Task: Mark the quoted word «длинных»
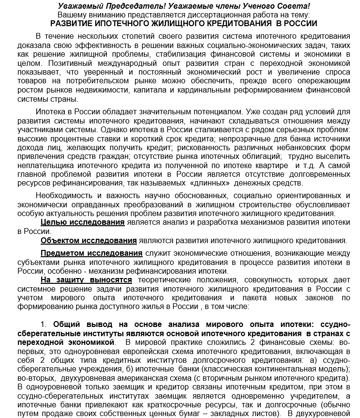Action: pos(210,183)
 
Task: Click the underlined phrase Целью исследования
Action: pos(83,222)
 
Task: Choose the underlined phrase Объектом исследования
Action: pos(89,240)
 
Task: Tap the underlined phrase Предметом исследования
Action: pos(91,253)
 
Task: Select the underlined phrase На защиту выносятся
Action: pos(86,280)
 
